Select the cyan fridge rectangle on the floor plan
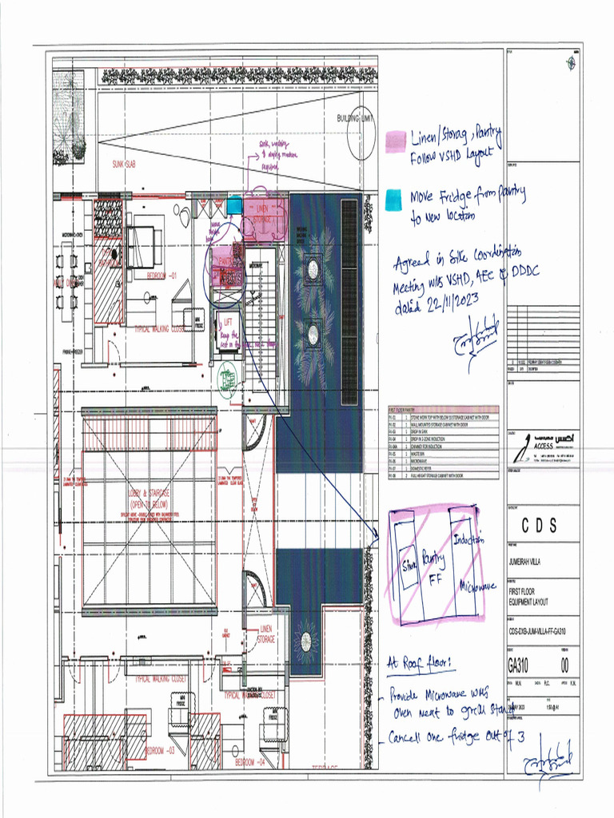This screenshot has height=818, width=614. (x=233, y=206)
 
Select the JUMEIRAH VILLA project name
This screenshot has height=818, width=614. (x=529, y=562)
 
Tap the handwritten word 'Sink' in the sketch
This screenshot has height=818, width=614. (x=409, y=565)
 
